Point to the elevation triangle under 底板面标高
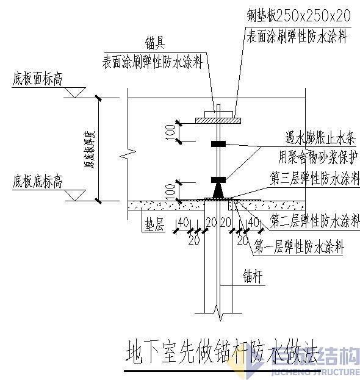74,92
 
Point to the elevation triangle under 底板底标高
74,195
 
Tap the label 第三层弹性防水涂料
315,177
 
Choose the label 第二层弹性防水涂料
315,220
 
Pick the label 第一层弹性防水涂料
299,247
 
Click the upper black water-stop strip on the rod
218,144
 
